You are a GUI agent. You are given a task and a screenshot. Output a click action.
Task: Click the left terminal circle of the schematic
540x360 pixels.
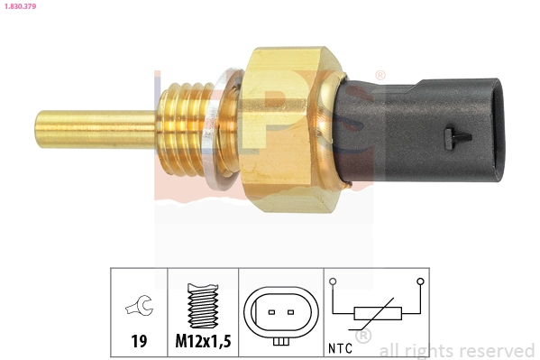(334, 282)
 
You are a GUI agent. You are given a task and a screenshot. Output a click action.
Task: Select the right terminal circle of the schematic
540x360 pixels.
(420, 282)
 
